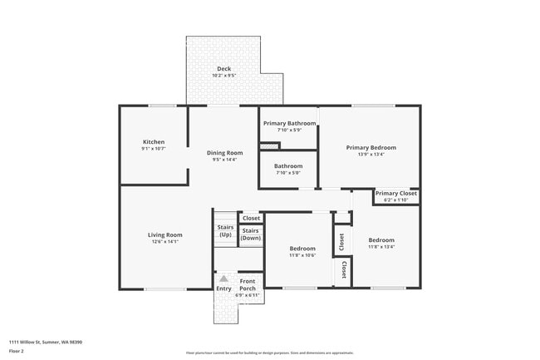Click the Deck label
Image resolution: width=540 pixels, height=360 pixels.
[224, 69]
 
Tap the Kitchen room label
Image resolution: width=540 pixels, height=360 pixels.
[154, 142]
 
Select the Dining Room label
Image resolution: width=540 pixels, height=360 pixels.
[224, 152]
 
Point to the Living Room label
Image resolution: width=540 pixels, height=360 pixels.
[164, 234]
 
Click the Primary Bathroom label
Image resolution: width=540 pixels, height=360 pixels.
[289, 123]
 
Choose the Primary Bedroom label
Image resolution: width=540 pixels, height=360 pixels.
[371, 147]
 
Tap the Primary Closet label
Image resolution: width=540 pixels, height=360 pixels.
[395, 194]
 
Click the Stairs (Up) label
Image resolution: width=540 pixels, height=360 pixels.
[225, 231]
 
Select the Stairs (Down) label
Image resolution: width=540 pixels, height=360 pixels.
[250, 234]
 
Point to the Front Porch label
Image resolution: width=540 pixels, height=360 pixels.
[248, 285]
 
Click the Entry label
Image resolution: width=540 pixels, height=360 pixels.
[224, 288]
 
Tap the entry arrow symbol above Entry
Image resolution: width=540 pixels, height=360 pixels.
[223, 279]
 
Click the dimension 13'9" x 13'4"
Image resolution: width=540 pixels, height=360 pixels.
[371, 154]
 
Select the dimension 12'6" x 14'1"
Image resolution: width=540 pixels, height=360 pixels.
[164, 242]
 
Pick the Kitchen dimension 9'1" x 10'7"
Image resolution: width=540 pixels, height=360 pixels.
[154, 149]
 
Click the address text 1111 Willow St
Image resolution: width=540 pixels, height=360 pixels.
[45, 342]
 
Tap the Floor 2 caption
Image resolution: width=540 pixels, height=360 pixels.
[17, 352]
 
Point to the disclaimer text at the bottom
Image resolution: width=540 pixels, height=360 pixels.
[269, 353]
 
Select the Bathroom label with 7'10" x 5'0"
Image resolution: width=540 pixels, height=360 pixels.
[289, 166]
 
